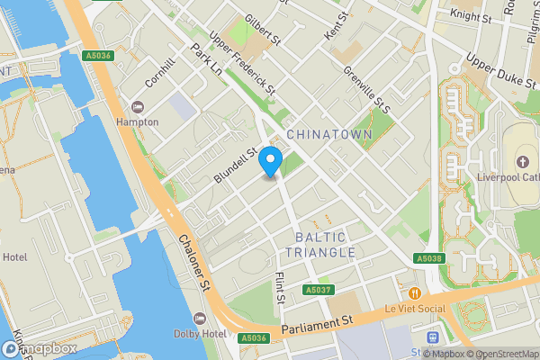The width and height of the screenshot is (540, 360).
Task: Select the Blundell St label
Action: tap(235, 167)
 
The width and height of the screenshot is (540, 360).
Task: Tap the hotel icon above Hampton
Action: tap(137, 106)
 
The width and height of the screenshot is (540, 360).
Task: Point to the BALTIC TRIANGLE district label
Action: tap(326, 244)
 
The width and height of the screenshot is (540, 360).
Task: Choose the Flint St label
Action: tap(280, 287)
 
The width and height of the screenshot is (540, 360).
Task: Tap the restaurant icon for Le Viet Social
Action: tap(414, 293)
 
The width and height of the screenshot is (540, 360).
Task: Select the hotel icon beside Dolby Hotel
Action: tap(200, 319)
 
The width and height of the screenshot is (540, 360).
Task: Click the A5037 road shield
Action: tap(318, 291)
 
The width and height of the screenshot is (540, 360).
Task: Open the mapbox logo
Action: tap(39, 348)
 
